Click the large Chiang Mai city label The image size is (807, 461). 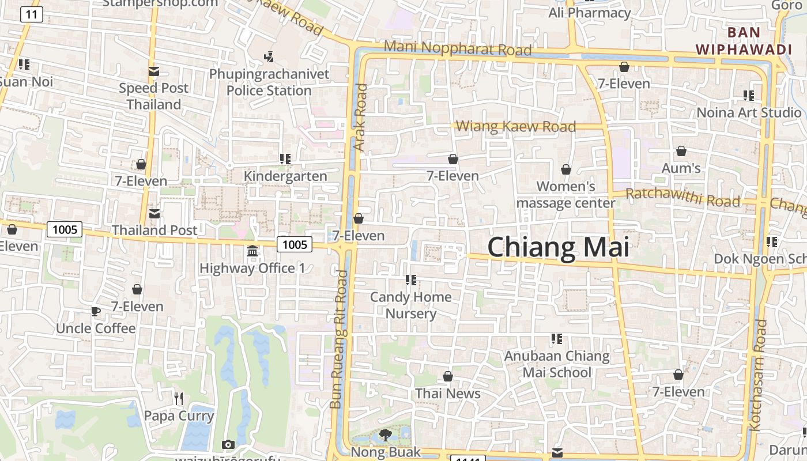click(558, 247)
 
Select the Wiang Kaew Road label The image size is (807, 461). click(516, 126)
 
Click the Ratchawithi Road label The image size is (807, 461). click(682, 197)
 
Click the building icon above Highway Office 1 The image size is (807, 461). click(252, 251)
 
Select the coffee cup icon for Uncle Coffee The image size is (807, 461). click(96, 312)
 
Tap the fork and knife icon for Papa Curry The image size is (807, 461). click(179, 398)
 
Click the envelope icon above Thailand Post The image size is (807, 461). click(154, 214)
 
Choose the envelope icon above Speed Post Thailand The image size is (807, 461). click(154, 71)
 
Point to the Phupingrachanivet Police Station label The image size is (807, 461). click(269, 82)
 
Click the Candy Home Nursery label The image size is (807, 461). click(410, 305)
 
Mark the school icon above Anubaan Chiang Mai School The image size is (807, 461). click(556, 339)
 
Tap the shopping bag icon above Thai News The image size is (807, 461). click(448, 377)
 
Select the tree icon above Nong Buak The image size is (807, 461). click(386, 435)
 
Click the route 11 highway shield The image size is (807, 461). click(31, 14)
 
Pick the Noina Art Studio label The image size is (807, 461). click(749, 112)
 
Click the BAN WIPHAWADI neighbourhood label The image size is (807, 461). click(744, 41)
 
